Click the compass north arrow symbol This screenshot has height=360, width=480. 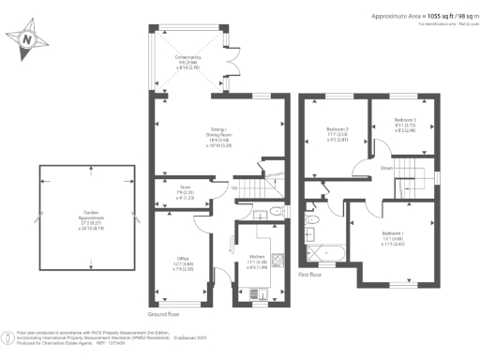[x=27, y=39]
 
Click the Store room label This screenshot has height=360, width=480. [x=187, y=193]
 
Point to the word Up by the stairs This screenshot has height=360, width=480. [x=233, y=188]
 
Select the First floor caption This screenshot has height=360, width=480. [x=311, y=276]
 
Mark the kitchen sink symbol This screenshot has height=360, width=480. [x=258, y=293]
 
